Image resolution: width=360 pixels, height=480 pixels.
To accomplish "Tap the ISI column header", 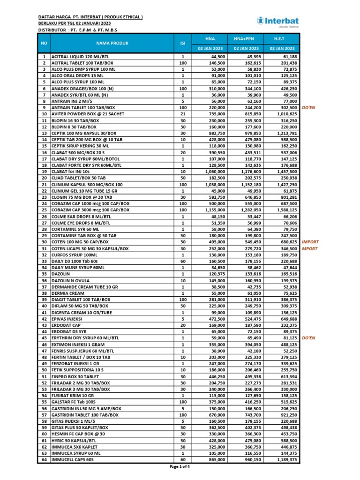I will (182, 43).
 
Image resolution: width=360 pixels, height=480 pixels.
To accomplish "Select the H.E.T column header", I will (282, 39).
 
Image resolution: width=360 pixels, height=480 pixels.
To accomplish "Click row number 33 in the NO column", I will (44, 261).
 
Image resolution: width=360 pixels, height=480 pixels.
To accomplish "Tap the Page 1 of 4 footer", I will (180, 467).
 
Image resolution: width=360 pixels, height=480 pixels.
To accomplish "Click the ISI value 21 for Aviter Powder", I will (183, 114).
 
